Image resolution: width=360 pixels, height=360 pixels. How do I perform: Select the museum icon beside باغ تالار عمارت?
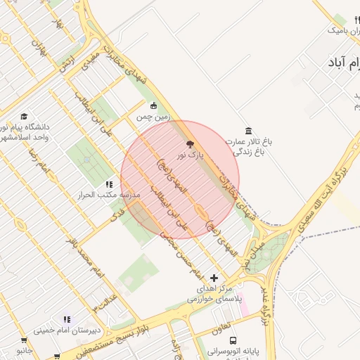click(248, 131)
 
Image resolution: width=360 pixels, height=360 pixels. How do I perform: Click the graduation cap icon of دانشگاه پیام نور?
click(24, 117)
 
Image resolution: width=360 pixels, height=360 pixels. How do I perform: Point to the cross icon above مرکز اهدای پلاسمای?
click(214, 278)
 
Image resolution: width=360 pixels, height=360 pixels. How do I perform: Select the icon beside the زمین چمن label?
click(154, 106)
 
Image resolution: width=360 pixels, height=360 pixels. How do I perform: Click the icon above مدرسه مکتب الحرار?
click(109, 184)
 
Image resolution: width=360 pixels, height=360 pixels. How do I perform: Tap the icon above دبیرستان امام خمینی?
click(67, 319)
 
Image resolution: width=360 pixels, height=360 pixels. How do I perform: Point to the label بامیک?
click(340, 31)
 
